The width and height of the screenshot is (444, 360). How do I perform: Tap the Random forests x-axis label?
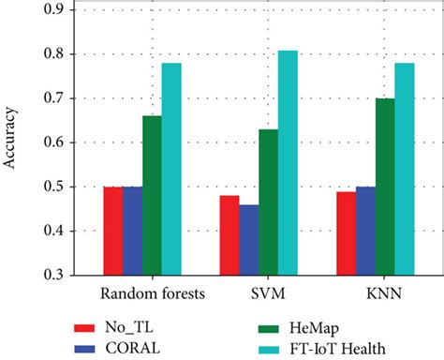(x=141, y=294)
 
